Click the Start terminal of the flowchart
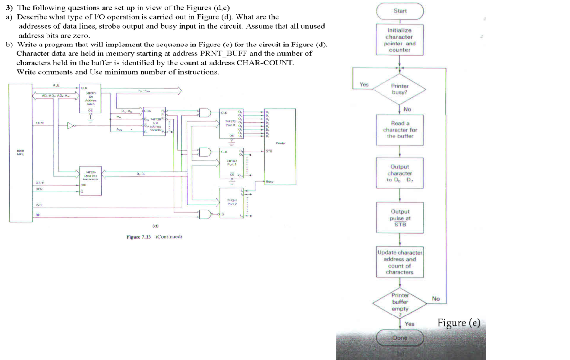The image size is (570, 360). [400, 11]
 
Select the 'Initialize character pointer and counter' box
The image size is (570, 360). [399, 40]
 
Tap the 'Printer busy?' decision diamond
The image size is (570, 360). [399, 89]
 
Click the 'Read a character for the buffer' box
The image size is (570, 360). [400, 130]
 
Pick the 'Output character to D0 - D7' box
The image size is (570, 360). [399, 173]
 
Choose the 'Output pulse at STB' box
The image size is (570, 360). [400, 218]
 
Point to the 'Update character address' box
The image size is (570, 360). [399, 262]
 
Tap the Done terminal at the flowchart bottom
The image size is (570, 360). [400, 338]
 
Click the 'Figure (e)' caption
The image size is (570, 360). [459, 323]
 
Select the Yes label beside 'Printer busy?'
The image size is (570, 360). [364, 85]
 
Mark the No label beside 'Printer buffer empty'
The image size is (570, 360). [436, 299]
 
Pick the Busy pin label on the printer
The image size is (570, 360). [269, 181]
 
